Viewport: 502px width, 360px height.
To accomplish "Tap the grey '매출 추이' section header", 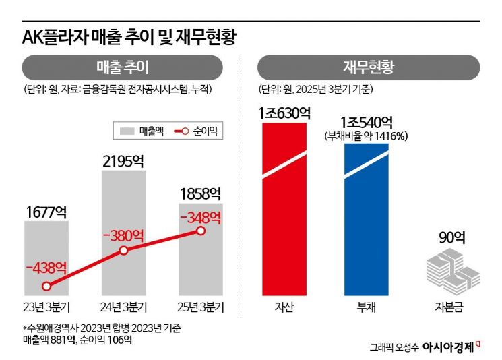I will point(122,67).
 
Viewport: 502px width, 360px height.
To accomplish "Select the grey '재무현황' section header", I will point(368,67).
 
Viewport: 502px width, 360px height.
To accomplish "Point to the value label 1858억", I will point(200,193).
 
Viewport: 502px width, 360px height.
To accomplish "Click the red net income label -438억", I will point(46,267).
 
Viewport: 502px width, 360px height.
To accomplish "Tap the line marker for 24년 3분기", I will point(123,251).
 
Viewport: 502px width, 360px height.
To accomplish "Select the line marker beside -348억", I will point(200,231).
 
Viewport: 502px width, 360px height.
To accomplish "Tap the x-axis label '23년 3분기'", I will point(46,308).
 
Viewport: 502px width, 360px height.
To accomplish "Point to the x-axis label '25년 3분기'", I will point(200,308).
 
